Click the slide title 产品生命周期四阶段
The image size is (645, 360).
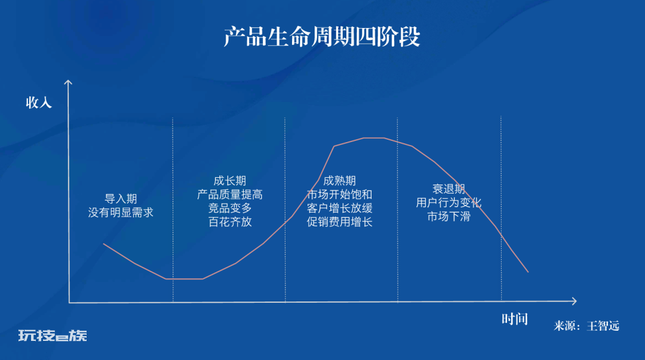pyautogui.click(x=322, y=36)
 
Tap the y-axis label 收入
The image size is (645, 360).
pyautogui.click(x=39, y=103)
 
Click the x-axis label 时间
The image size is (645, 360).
pyautogui.click(x=514, y=319)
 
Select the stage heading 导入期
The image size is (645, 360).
pyautogui.click(x=121, y=199)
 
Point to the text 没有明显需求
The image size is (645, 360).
pyautogui.click(x=121, y=213)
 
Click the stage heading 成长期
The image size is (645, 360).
pyautogui.click(x=229, y=181)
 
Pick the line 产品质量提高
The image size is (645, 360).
pyautogui.click(x=229, y=194)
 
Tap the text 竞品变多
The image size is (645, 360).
pyautogui.click(x=229, y=208)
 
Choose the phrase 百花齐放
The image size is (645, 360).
pyautogui.click(x=229, y=221)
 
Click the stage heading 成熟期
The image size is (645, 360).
pyautogui.click(x=339, y=181)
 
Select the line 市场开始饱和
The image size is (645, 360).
pyautogui.click(x=339, y=194)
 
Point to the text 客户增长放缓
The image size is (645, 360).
pyautogui.click(x=339, y=208)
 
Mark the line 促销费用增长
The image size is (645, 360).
pyautogui.click(x=339, y=221)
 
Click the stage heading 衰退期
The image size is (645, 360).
pyautogui.click(x=449, y=189)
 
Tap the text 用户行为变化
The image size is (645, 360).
pyautogui.click(x=449, y=202)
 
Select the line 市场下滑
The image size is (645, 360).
pyautogui.click(x=449, y=216)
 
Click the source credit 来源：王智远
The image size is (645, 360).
pyautogui.click(x=586, y=326)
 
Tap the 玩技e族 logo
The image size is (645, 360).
pyautogui.click(x=53, y=336)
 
